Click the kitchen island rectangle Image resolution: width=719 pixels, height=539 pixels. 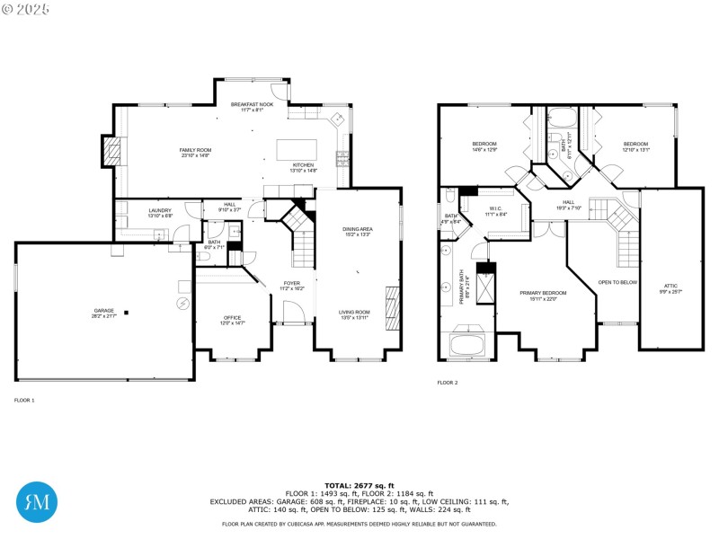(296, 149)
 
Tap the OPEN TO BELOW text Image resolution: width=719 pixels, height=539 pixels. (617, 282)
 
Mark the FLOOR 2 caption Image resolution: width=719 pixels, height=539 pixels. (448, 383)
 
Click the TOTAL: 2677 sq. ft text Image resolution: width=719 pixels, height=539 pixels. (359, 485)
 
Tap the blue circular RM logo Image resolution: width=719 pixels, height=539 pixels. (38, 501)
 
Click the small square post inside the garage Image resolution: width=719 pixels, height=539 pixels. (127, 313)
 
